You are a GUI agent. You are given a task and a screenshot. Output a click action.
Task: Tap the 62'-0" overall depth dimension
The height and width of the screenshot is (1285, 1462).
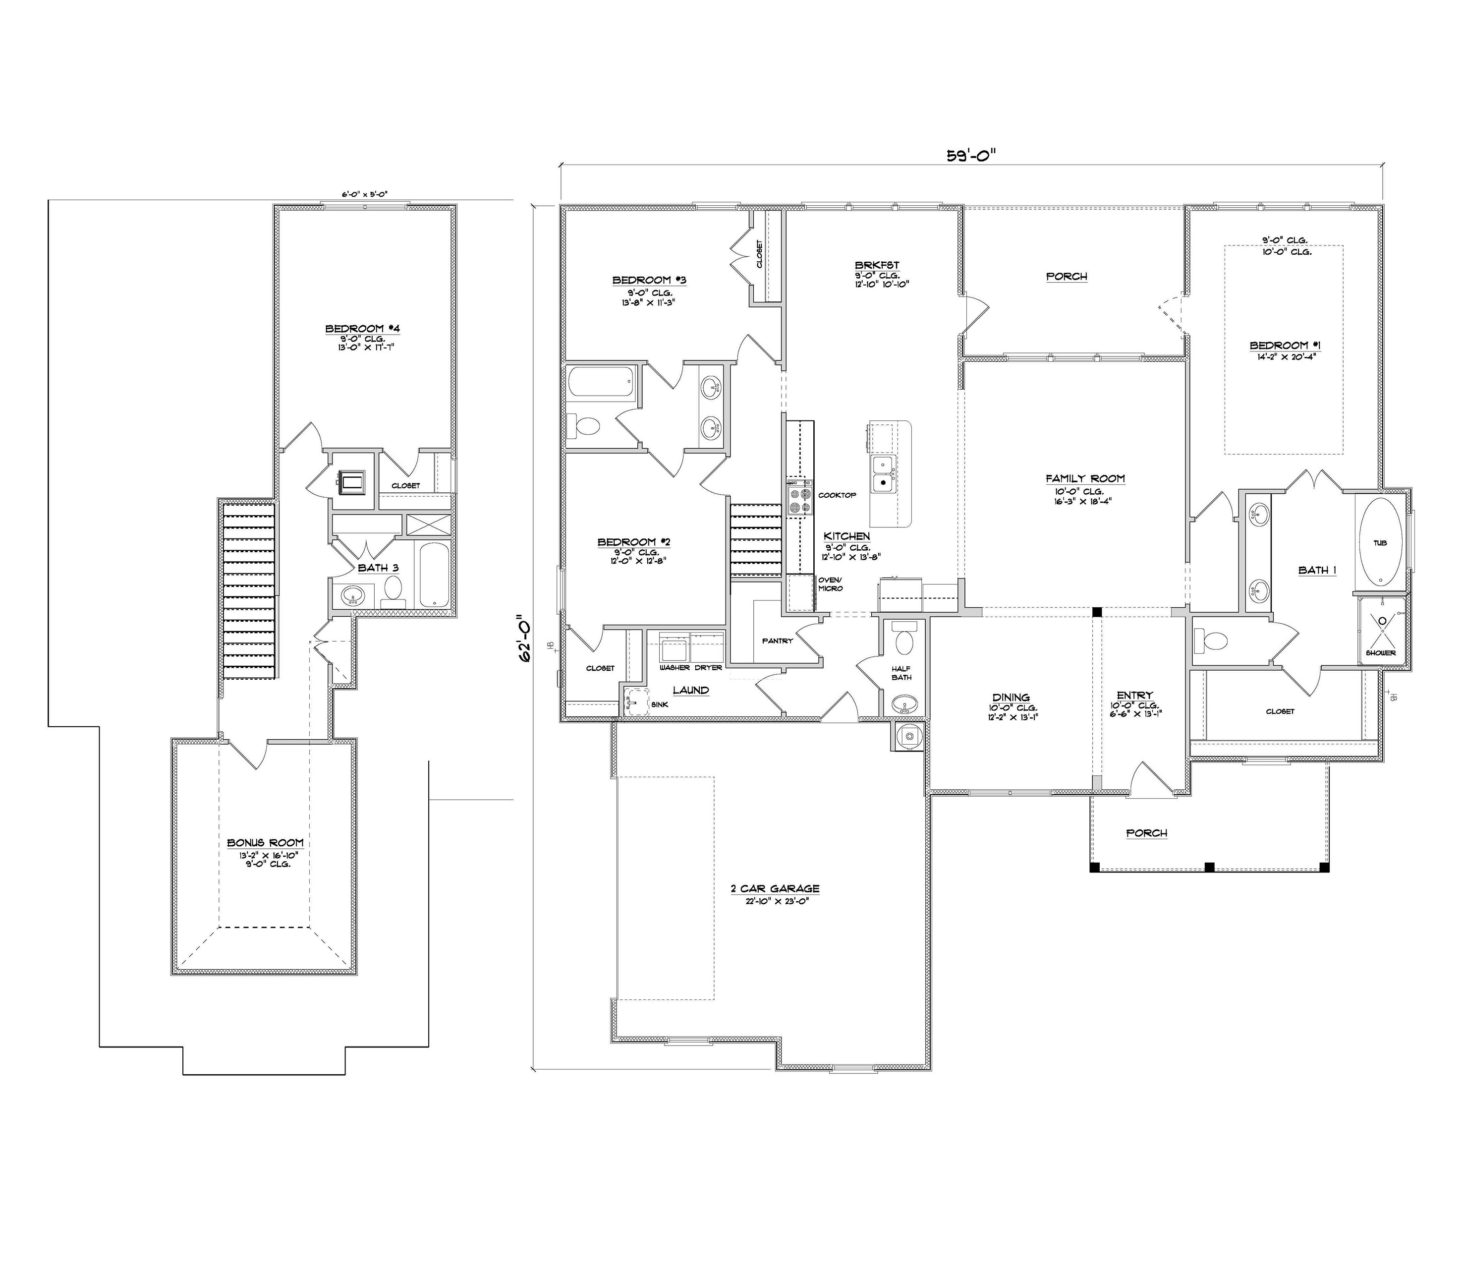coord(526,637)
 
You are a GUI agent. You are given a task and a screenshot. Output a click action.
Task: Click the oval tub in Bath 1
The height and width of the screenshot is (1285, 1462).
coord(1380,542)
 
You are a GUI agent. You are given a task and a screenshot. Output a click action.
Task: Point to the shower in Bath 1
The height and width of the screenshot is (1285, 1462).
coord(1381,628)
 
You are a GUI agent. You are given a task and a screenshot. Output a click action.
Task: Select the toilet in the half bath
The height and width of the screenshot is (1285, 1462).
coord(905,641)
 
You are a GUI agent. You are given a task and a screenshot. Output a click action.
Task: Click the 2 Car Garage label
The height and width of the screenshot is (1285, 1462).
coord(775,888)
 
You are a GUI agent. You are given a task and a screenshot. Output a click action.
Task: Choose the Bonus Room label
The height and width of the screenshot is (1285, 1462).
coord(265,843)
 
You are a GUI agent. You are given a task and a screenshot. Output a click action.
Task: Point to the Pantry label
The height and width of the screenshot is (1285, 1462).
coord(778,641)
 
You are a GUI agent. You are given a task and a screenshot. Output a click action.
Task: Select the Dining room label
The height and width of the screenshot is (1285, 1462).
coord(1011,697)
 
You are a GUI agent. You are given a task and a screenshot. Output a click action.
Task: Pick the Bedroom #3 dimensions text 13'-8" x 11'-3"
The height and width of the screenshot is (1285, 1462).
coord(649,302)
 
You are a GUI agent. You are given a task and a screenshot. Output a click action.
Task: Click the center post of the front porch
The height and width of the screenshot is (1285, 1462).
coord(1210,867)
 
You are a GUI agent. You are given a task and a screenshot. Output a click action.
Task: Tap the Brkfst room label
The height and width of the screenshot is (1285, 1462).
coord(876,265)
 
